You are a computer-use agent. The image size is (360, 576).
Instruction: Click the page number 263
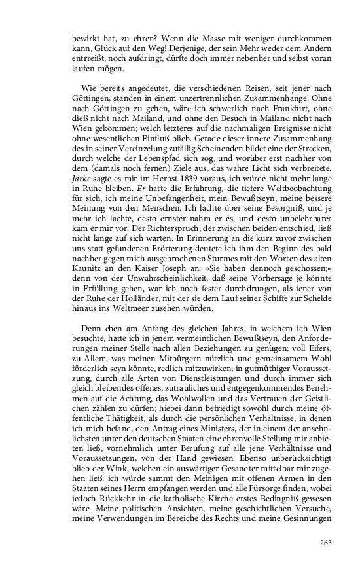[x=326, y=542]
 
